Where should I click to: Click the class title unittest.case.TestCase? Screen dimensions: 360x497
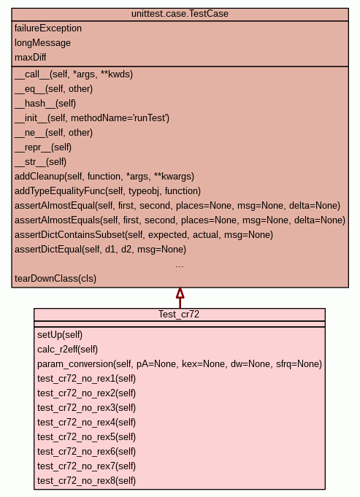point(180,14)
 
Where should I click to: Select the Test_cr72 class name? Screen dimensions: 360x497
point(179,314)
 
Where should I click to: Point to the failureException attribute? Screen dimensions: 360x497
point(48,28)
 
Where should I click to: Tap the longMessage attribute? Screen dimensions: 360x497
point(42,43)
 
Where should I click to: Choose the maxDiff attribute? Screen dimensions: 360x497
point(31,58)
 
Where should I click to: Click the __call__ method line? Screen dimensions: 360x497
point(74,74)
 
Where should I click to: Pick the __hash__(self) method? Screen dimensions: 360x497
point(45,104)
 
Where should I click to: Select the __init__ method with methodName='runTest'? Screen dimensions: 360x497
point(92,118)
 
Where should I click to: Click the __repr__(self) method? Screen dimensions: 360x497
point(43,147)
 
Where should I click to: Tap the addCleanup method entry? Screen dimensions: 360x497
point(104,176)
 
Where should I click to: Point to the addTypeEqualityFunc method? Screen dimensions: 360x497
point(108,190)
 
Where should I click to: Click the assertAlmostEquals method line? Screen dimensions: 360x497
point(180,220)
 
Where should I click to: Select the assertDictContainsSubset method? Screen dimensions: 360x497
point(144,234)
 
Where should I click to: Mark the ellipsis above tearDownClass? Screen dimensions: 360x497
point(180,266)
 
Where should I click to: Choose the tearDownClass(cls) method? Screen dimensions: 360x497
point(55,278)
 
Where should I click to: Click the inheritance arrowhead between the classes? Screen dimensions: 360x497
point(180,293)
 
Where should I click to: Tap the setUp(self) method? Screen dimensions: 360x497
point(60,335)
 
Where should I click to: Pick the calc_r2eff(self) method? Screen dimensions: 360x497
point(68,350)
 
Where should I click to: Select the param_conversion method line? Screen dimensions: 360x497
point(180,364)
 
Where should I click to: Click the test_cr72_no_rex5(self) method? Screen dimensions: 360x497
point(87,436)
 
